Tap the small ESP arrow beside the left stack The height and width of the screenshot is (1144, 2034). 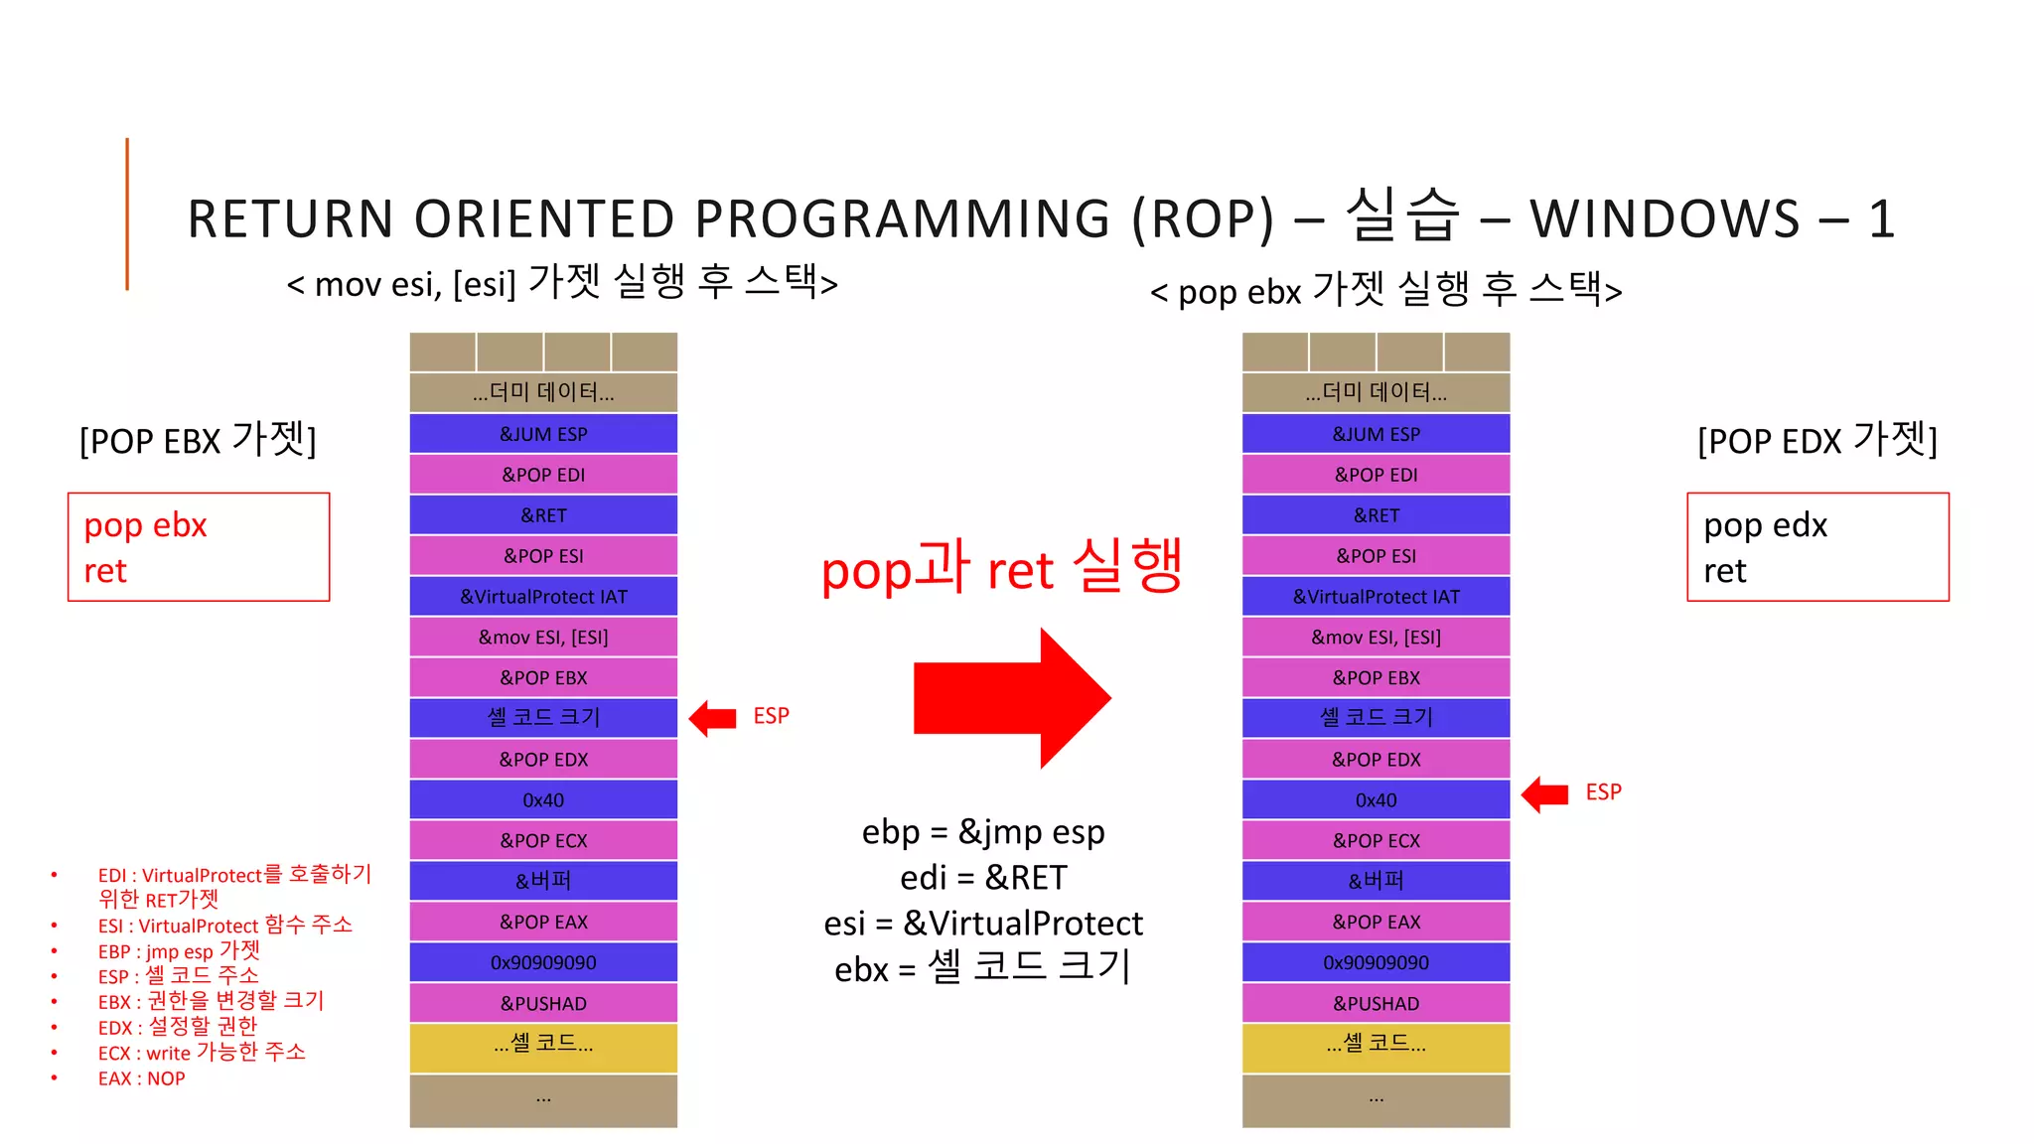(713, 717)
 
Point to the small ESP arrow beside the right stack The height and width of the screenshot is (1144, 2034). (1545, 793)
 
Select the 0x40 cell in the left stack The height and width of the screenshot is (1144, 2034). (543, 799)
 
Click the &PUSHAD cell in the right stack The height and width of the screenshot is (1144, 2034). (1376, 1003)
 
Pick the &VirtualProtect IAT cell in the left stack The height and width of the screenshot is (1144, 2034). (543, 596)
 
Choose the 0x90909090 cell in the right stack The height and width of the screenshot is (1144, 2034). (1376, 962)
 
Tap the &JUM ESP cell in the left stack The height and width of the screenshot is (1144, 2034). (543, 434)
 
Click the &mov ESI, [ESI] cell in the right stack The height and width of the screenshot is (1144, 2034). (1376, 637)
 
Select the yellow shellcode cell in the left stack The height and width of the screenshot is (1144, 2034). (543, 1046)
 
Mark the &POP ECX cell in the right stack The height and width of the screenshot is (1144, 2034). (1376, 840)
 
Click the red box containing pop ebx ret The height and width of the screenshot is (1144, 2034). (199, 547)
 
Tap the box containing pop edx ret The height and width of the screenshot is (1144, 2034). (1817, 547)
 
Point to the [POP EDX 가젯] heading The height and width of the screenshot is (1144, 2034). (1817, 439)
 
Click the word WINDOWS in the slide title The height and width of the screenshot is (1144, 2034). (1665, 218)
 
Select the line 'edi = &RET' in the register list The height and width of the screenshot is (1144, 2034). (983, 878)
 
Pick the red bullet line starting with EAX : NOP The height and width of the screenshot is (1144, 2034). (141, 1078)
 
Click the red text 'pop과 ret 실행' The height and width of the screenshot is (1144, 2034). (1001, 568)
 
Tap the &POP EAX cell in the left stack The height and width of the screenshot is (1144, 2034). (543, 922)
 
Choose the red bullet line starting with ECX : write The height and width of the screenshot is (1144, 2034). (202, 1053)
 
